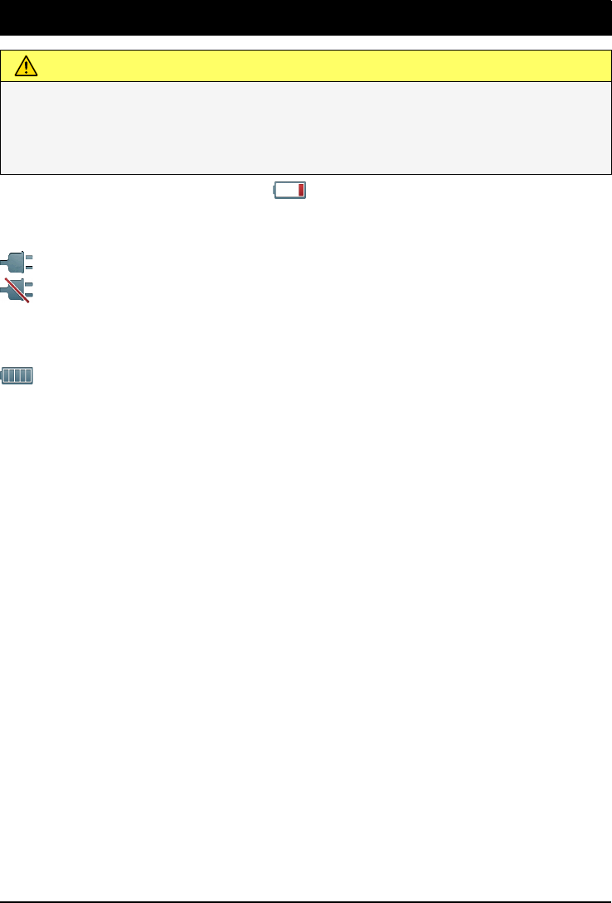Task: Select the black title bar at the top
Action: tap(306, 17)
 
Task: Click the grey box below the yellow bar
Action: tap(306, 127)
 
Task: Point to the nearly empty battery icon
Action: tap(290, 191)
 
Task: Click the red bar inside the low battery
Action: tap(302, 191)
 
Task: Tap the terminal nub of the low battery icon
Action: tap(274, 191)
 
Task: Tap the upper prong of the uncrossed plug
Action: tap(29, 258)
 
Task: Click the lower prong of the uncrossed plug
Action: tap(29, 268)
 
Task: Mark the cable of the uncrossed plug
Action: tap(5, 266)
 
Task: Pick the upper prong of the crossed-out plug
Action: tap(29, 283)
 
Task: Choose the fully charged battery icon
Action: tap(17, 376)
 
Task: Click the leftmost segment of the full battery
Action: tap(8, 376)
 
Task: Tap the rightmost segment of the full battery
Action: tap(28, 376)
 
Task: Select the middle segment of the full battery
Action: tap(18, 376)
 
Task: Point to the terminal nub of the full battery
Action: tap(2, 376)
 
